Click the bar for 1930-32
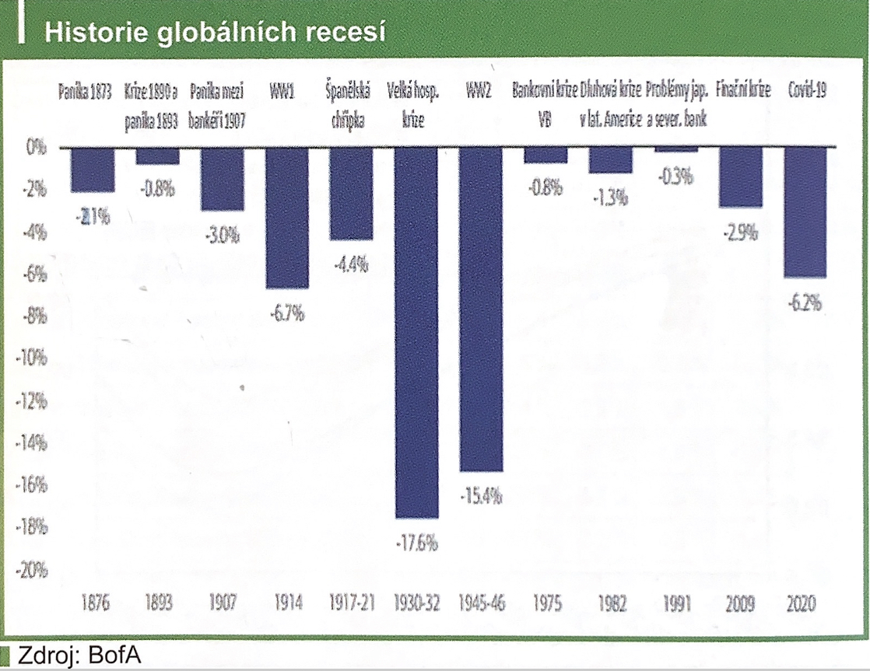click(416, 333)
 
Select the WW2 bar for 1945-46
click(481, 309)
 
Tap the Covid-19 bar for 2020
click(805, 212)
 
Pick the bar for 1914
click(287, 218)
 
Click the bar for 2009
click(741, 177)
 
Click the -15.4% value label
click(481, 495)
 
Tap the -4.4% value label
click(351, 264)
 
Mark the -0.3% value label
click(675, 176)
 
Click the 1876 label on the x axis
click(93, 603)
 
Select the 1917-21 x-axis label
click(351, 603)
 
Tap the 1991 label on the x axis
click(675, 603)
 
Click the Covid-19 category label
click(806, 89)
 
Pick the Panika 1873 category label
click(86, 89)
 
